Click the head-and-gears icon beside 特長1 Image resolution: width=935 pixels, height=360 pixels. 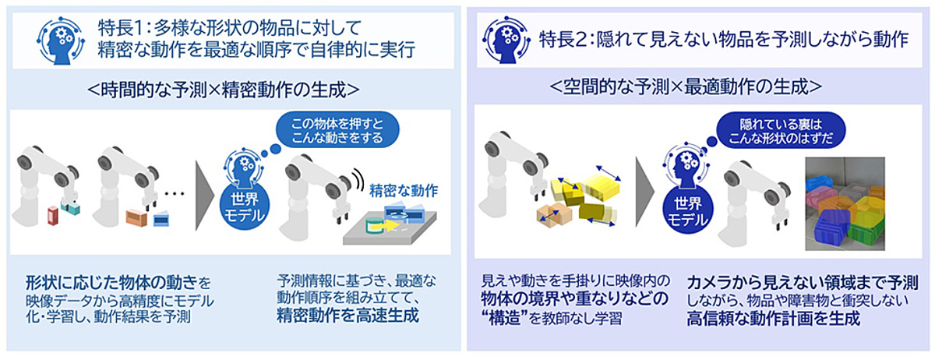click(61, 41)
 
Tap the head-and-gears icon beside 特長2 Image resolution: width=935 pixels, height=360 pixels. click(506, 40)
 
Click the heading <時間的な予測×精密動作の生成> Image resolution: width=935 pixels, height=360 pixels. click(224, 90)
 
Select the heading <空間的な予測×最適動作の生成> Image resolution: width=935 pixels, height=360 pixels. click(686, 86)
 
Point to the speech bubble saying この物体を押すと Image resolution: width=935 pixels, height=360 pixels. click(337, 130)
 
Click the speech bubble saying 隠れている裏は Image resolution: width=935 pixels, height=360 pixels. click(781, 131)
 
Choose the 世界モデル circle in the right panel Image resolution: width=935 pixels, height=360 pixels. click(687, 211)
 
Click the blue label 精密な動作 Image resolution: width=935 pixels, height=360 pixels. click(404, 191)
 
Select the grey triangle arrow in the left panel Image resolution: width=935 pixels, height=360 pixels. click(203, 196)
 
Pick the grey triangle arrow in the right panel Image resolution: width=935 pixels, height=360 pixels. click(644, 192)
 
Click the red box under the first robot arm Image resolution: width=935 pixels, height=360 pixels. click(53, 216)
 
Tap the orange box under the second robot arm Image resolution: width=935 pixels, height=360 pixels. click(136, 217)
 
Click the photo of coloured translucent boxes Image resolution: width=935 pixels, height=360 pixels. click(845, 204)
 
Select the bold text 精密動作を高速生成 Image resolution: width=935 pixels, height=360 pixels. click(348, 316)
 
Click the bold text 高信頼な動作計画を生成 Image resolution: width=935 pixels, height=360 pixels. click(774, 318)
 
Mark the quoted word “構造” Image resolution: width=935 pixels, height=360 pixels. click(504, 318)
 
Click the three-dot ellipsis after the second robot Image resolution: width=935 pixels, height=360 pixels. click(174, 193)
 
